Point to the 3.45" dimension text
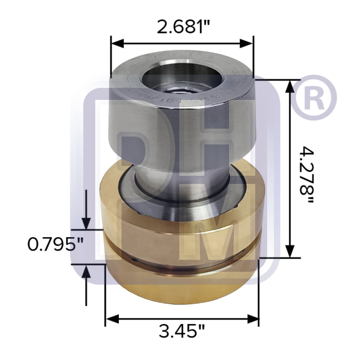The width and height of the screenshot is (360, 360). point(182,331)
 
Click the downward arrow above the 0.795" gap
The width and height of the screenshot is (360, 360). point(86,223)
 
